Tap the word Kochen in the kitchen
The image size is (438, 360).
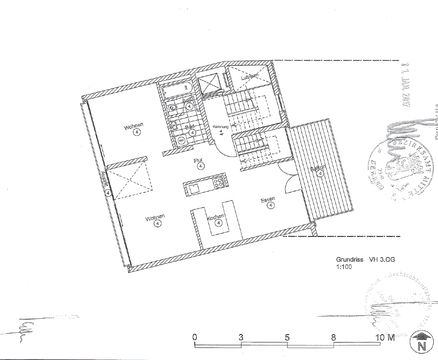click(215, 217)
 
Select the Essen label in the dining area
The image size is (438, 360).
click(268, 199)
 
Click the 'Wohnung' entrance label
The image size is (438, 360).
click(221, 127)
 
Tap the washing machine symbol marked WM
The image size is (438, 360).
click(181, 141)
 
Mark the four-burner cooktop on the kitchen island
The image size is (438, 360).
click(219, 183)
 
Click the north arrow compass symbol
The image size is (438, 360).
click(421, 341)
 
